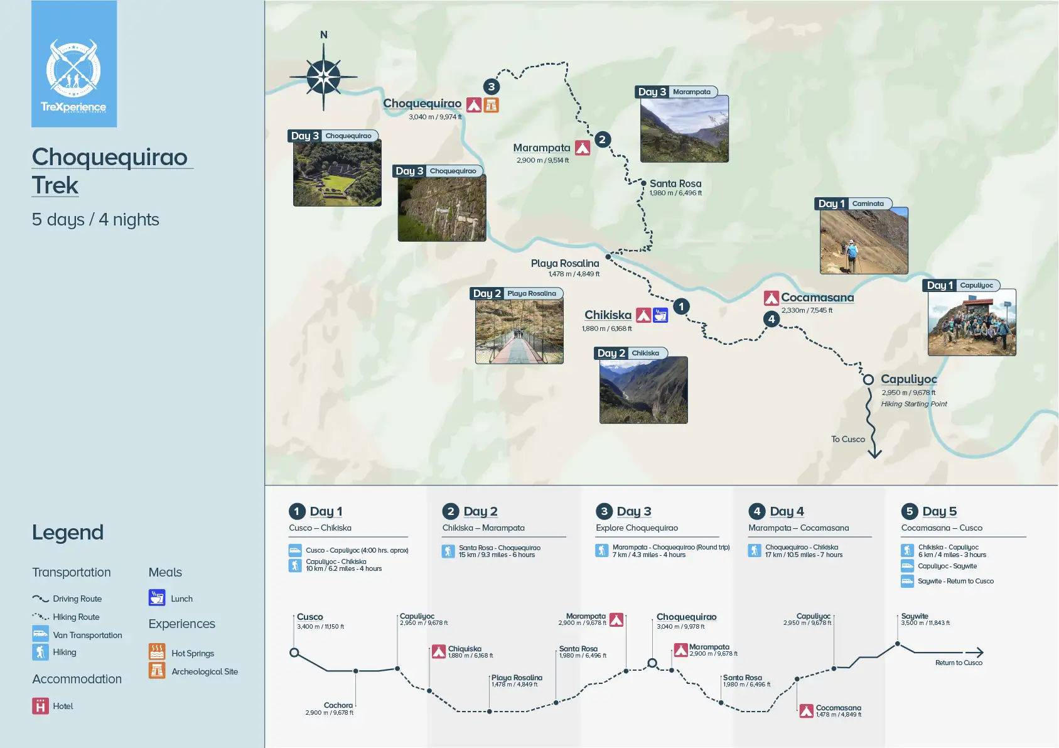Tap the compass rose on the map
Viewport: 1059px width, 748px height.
323,77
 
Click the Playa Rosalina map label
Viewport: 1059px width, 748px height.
565,264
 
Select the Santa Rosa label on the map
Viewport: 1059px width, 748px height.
675,184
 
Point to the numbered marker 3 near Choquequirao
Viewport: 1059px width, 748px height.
492,87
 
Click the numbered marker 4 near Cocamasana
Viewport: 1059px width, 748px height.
771,319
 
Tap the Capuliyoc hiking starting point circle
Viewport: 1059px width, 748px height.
868,379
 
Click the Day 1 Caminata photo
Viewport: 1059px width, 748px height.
864,242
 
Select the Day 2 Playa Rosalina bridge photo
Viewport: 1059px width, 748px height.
519,331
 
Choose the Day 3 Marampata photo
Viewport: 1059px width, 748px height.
684,129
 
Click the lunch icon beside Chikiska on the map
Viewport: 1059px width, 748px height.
660,315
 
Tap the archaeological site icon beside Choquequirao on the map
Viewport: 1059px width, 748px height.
492,105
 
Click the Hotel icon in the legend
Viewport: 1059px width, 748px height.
40,706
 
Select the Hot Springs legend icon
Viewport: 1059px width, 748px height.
157,652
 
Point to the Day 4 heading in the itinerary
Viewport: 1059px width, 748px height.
787,511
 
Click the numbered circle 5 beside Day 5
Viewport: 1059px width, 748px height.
909,511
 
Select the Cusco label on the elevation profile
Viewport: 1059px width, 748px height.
310,617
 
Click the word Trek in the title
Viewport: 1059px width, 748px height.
55,186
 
